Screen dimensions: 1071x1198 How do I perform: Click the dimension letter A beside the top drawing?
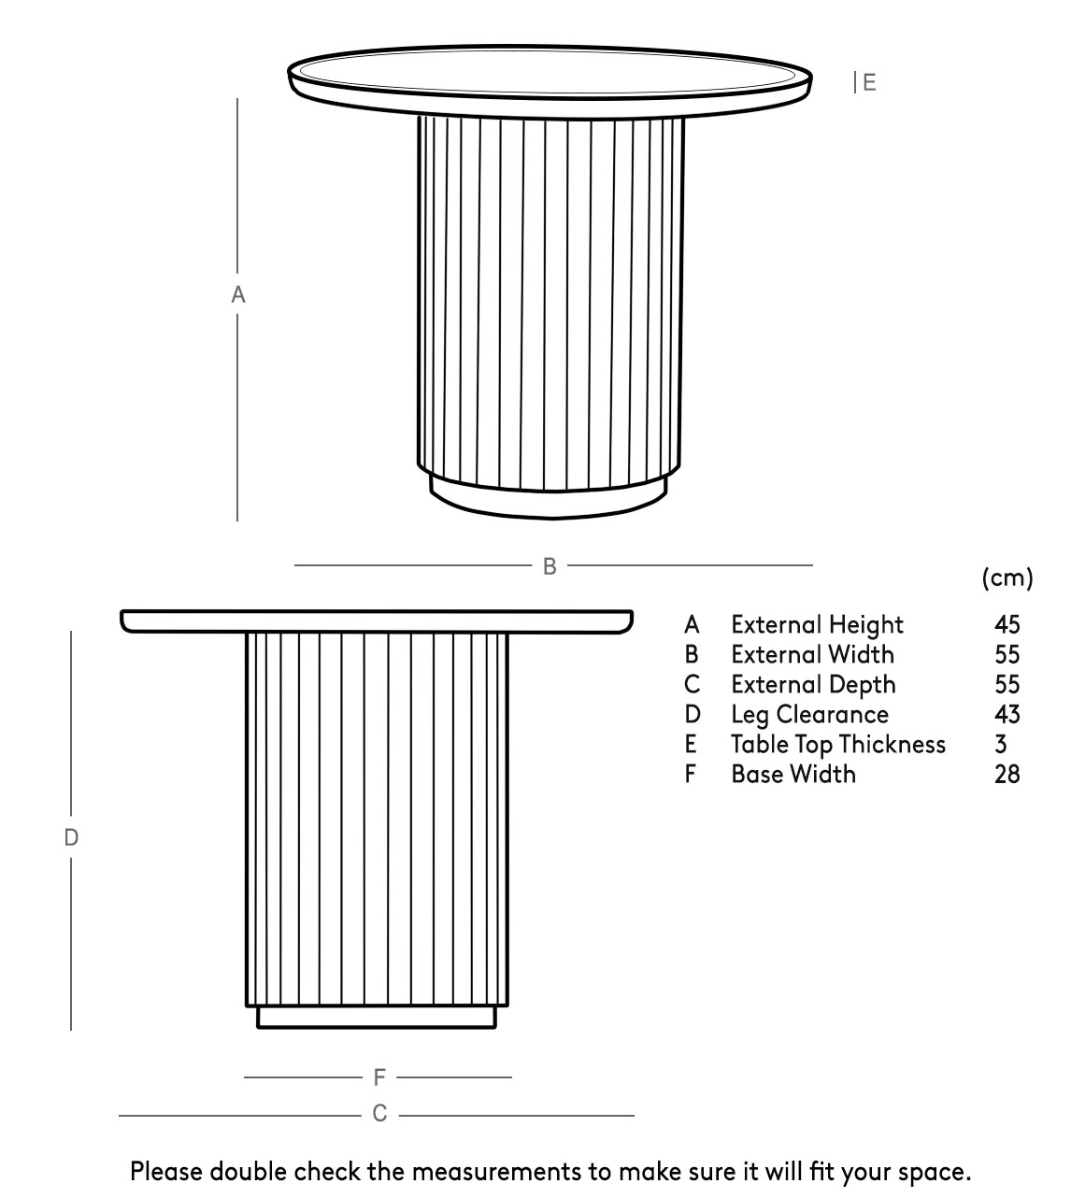click(x=237, y=294)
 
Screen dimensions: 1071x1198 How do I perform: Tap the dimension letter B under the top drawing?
click(x=550, y=566)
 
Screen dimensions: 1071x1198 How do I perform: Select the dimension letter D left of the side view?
click(x=71, y=837)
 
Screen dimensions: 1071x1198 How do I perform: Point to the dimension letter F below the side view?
click(x=379, y=1077)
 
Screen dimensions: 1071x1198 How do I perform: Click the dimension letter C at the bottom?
click(x=379, y=1114)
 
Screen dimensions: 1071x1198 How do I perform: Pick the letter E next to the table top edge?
click(x=869, y=82)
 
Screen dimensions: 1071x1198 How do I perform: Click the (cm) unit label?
click(x=1007, y=578)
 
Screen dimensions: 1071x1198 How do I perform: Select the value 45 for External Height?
click(x=1007, y=624)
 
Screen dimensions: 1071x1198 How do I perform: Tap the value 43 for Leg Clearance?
click(x=1007, y=714)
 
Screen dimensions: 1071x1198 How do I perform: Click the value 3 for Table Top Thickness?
click(x=1001, y=745)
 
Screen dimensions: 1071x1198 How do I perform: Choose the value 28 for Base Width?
click(x=1007, y=775)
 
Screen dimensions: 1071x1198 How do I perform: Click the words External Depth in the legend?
click(x=814, y=685)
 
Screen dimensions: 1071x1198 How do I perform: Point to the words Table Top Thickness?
click(x=838, y=745)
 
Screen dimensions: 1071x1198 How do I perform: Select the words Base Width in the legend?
click(x=793, y=775)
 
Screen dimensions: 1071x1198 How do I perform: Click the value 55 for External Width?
click(x=1007, y=654)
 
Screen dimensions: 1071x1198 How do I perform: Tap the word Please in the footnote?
click(x=166, y=1172)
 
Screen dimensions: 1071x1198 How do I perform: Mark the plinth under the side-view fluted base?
click(x=377, y=1017)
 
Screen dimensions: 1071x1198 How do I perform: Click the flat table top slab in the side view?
click(x=377, y=622)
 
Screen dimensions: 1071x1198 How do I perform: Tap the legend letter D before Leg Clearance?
click(x=692, y=714)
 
